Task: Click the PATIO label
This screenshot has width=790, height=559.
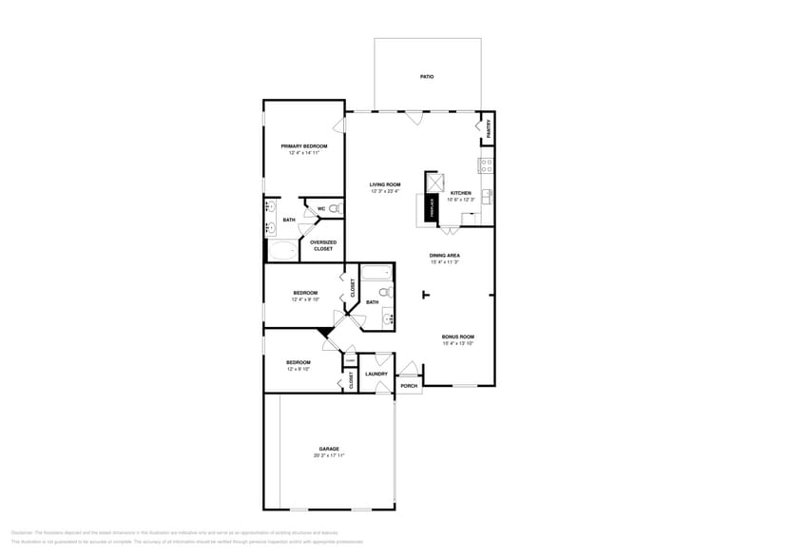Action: click(427, 76)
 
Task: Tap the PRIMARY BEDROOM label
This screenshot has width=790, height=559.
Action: click(303, 146)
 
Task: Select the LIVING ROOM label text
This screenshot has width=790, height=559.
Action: click(385, 184)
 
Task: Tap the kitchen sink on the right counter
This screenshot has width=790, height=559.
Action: click(487, 197)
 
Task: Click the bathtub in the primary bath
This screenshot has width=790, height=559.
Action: click(282, 251)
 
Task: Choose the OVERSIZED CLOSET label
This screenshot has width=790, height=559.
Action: click(323, 245)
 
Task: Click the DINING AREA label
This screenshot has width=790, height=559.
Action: click(444, 256)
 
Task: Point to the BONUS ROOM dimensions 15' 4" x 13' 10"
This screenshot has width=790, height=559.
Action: click(457, 343)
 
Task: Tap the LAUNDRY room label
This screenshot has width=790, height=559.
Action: click(376, 374)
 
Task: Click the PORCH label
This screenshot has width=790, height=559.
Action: click(409, 386)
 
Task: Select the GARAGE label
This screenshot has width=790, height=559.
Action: click(329, 449)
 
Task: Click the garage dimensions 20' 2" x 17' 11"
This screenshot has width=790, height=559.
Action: click(329, 455)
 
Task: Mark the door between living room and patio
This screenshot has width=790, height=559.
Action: click(414, 117)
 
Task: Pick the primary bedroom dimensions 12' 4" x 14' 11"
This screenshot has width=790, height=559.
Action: click(303, 153)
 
